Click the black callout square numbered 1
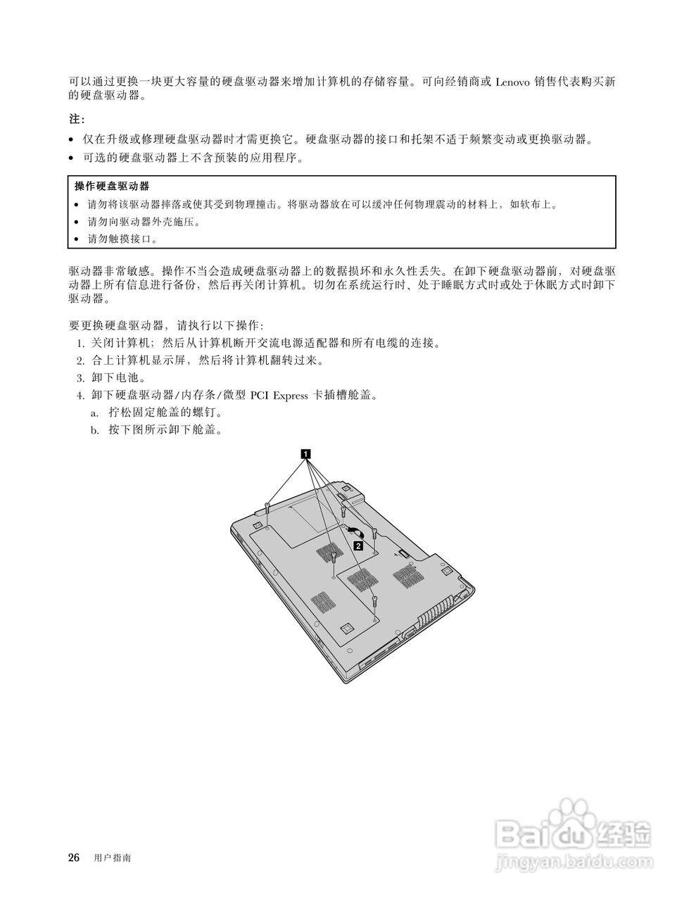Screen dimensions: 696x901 point(305,454)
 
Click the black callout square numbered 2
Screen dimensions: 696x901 point(359,545)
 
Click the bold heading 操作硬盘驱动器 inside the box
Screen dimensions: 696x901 point(112,187)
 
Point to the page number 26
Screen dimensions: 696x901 point(74,858)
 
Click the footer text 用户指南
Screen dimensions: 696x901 point(112,859)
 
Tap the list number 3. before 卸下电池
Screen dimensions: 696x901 point(80,378)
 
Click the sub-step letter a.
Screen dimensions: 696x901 point(94,412)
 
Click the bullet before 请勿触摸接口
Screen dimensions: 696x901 point(77,240)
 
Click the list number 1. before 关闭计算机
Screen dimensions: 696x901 point(80,344)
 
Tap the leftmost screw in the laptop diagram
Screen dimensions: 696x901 point(268,508)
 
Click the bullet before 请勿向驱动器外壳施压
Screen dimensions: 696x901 point(77,222)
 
